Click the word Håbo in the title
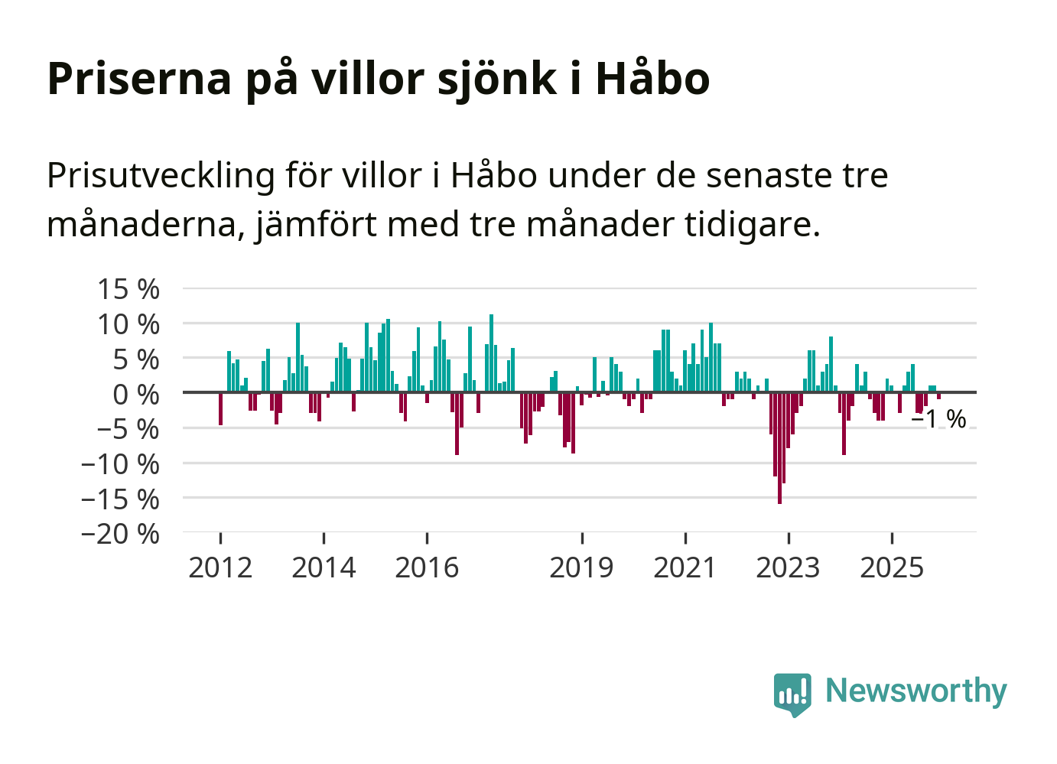(x=652, y=78)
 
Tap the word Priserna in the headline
(x=139, y=78)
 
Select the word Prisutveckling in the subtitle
(x=161, y=176)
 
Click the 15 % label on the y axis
(x=128, y=289)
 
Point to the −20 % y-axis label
(x=120, y=533)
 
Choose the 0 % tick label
(x=136, y=395)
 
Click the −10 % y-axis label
(x=120, y=463)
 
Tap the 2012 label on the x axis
(x=220, y=567)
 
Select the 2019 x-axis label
(x=581, y=567)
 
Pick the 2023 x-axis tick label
(x=788, y=567)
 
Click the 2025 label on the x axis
(x=892, y=567)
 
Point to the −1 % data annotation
(x=939, y=419)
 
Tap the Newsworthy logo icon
(x=792, y=694)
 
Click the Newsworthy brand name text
(x=916, y=691)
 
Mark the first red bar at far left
(x=220, y=408)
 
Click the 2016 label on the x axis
(x=427, y=567)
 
